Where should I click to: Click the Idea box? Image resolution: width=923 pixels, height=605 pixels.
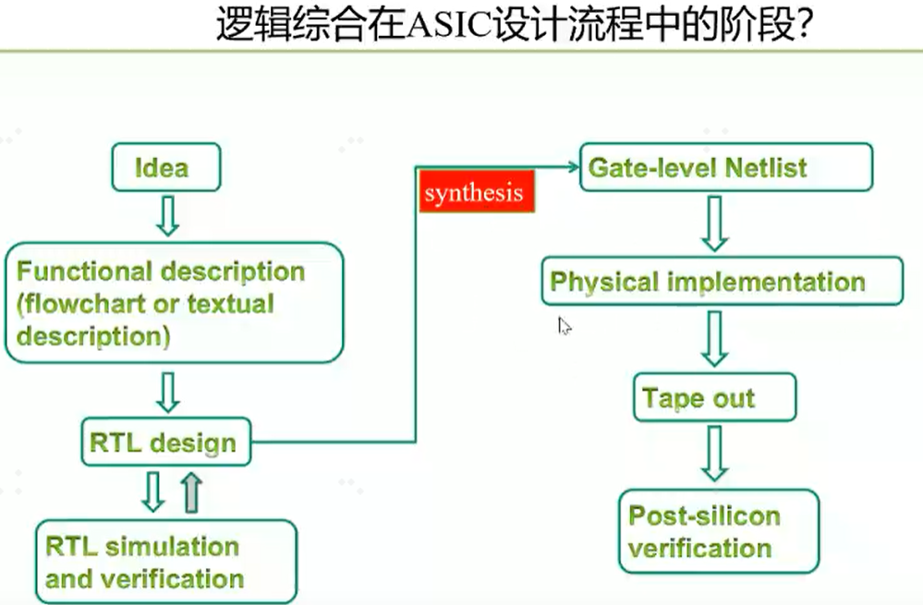pyautogui.click(x=166, y=167)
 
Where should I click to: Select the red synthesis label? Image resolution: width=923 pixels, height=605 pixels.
pyautogui.click(x=476, y=191)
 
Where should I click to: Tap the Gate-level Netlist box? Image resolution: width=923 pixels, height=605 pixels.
pyautogui.click(x=726, y=167)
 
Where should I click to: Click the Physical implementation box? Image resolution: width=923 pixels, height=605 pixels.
pyautogui.click(x=722, y=281)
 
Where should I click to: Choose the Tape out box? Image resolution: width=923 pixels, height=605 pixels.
pyautogui.click(x=714, y=397)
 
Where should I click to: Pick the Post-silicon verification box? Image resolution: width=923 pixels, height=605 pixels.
pyautogui.click(x=719, y=531)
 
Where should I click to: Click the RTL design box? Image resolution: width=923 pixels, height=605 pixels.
pyautogui.click(x=166, y=442)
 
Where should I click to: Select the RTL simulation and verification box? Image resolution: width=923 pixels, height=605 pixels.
pyautogui.click(x=166, y=562)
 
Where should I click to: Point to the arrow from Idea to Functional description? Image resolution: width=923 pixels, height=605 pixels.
pyautogui.click(x=168, y=216)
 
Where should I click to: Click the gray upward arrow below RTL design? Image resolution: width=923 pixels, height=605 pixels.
pyautogui.click(x=191, y=492)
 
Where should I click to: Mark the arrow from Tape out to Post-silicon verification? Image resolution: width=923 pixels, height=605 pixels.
pyautogui.click(x=714, y=454)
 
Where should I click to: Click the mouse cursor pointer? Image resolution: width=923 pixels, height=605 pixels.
pyautogui.click(x=564, y=326)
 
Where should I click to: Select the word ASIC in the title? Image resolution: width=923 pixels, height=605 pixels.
pyautogui.click(x=449, y=25)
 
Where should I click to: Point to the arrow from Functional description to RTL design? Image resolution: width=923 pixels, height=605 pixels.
pyautogui.click(x=168, y=393)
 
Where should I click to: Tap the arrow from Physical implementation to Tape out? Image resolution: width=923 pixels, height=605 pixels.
pyautogui.click(x=714, y=339)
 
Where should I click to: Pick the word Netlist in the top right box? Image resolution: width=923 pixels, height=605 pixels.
pyautogui.click(x=766, y=168)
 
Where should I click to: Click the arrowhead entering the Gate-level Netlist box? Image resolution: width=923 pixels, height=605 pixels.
pyautogui.click(x=574, y=167)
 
